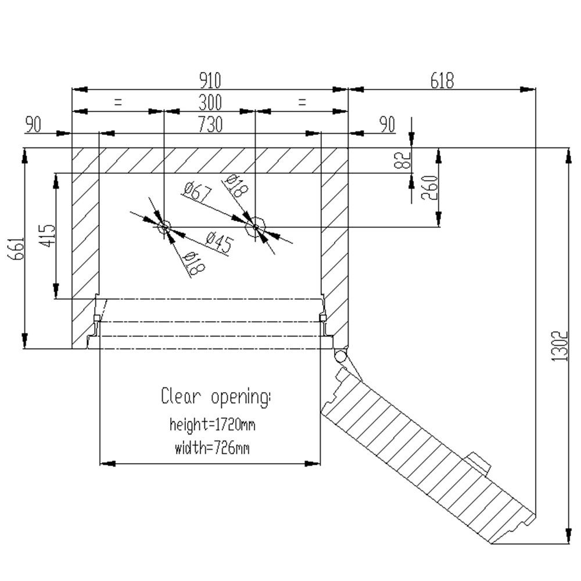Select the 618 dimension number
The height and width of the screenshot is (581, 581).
pyautogui.click(x=442, y=80)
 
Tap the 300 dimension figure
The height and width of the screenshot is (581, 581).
pyautogui.click(x=210, y=103)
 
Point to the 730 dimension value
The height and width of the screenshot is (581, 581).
pyautogui.click(x=210, y=125)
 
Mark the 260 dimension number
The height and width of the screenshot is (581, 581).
pyautogui.click(x=429, y=187)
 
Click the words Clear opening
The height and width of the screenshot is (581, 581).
pyautogui.click(x=216, y=397)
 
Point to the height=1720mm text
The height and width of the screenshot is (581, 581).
pyautogui.click(x=212, y=425)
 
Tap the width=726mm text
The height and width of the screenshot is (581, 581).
pyautogui.click(x=212, y=448)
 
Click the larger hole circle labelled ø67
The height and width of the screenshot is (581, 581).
pyautogui.click(x=255, y=227)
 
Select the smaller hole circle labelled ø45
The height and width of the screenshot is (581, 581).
pyautogui.click(x=164, y=227)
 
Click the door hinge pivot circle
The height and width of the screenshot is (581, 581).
pyautogui.click(x=340, y=355)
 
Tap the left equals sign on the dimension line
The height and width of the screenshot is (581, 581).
pyautogui.click(x=118, y=103)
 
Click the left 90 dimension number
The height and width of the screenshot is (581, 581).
pyautogui.click(x=33, y=125)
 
